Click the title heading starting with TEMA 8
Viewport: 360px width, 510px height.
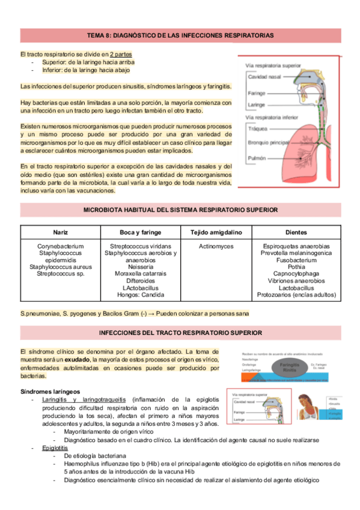click(x=180, y=35)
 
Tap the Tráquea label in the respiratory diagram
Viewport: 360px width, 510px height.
click(x=260, y=129)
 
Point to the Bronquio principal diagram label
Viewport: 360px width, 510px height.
click(x=270, y=143)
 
